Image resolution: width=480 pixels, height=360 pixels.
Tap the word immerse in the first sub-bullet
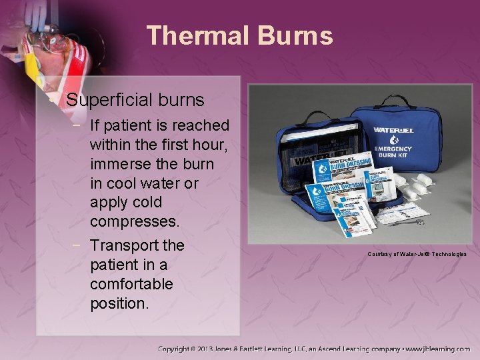(119, 163)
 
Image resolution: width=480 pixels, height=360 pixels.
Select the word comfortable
(131, 284)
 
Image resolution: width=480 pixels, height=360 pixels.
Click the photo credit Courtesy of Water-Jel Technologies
(417, 254)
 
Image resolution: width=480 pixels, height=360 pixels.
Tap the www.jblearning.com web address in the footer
(437, 349)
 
